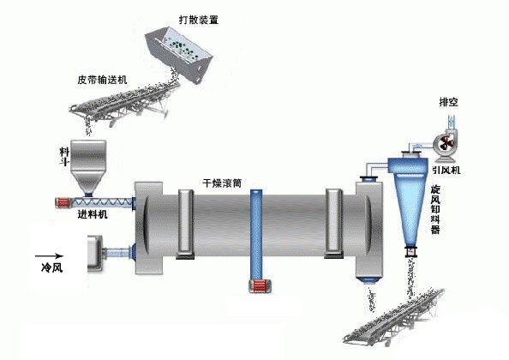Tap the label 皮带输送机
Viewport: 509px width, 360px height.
coord(103,80)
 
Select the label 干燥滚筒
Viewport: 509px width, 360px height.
coord(222,183)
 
